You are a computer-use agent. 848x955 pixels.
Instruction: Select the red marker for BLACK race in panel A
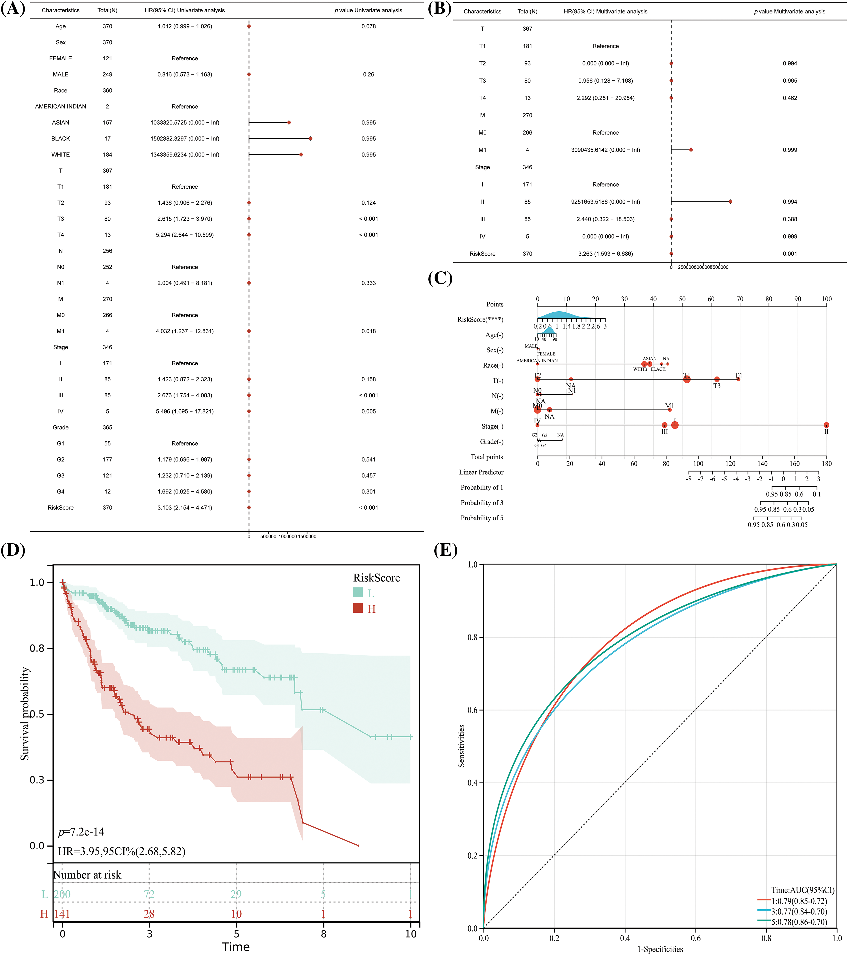(311, 139)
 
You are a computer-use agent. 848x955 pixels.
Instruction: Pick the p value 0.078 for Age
(368, 27)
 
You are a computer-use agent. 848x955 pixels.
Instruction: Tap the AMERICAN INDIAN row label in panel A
(61, 106)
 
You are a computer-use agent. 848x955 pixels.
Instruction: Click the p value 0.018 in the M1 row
(368, 331)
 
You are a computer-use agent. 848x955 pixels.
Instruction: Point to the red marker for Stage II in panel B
(730, 202)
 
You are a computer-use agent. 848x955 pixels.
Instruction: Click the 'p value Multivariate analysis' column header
(789, 12)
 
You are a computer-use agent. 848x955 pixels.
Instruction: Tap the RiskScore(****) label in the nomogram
(480, 320)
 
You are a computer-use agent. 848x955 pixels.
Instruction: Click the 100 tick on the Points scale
(826, 299)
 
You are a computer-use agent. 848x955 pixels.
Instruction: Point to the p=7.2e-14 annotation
(81, 832)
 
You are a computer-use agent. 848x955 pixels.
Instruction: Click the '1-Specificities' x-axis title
(660, 949)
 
